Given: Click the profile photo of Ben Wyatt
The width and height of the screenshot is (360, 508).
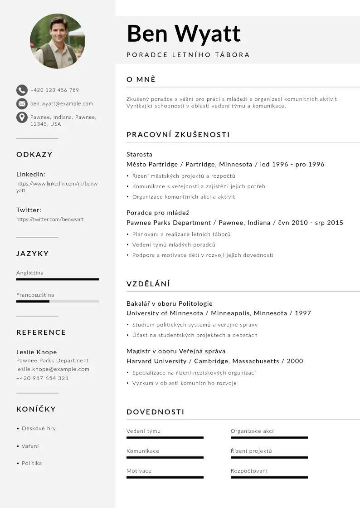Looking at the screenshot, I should pos(57,41).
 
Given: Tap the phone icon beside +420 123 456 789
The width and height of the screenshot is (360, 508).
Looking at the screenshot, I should pos(22,90).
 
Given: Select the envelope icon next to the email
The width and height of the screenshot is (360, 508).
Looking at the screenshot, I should pos(22,103).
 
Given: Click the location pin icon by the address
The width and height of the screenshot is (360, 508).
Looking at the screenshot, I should pos(22,117).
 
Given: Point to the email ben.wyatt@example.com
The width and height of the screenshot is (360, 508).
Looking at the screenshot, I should pos(62,103).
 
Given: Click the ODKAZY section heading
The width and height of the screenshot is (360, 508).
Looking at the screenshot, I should pos(34,155).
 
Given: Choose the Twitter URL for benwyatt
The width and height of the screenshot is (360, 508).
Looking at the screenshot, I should pos(50,220).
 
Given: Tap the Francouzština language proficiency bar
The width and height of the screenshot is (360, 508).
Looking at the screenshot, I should pos(58,301).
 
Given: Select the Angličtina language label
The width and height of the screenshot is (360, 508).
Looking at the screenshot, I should pos(30,273).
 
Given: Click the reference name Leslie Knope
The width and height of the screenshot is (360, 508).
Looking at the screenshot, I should pos(37,352).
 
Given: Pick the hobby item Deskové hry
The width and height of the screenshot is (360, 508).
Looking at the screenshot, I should pos(39,428).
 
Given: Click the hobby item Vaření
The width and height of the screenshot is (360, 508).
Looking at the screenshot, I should pos(30,446).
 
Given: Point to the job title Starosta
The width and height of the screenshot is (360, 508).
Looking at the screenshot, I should pos(140,154).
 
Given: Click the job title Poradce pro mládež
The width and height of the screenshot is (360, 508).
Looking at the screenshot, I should pos(158,213).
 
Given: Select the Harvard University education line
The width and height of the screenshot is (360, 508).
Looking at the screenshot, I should pos(214,361).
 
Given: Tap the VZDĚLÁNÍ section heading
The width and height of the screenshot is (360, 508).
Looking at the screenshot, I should pos(148,284).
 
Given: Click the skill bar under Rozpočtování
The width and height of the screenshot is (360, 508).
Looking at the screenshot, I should pos(269,477).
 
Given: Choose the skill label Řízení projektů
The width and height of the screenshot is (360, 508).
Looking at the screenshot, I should pos(251,451).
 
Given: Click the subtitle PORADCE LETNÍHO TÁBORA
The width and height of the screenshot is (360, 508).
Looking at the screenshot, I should pos(188,55).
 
